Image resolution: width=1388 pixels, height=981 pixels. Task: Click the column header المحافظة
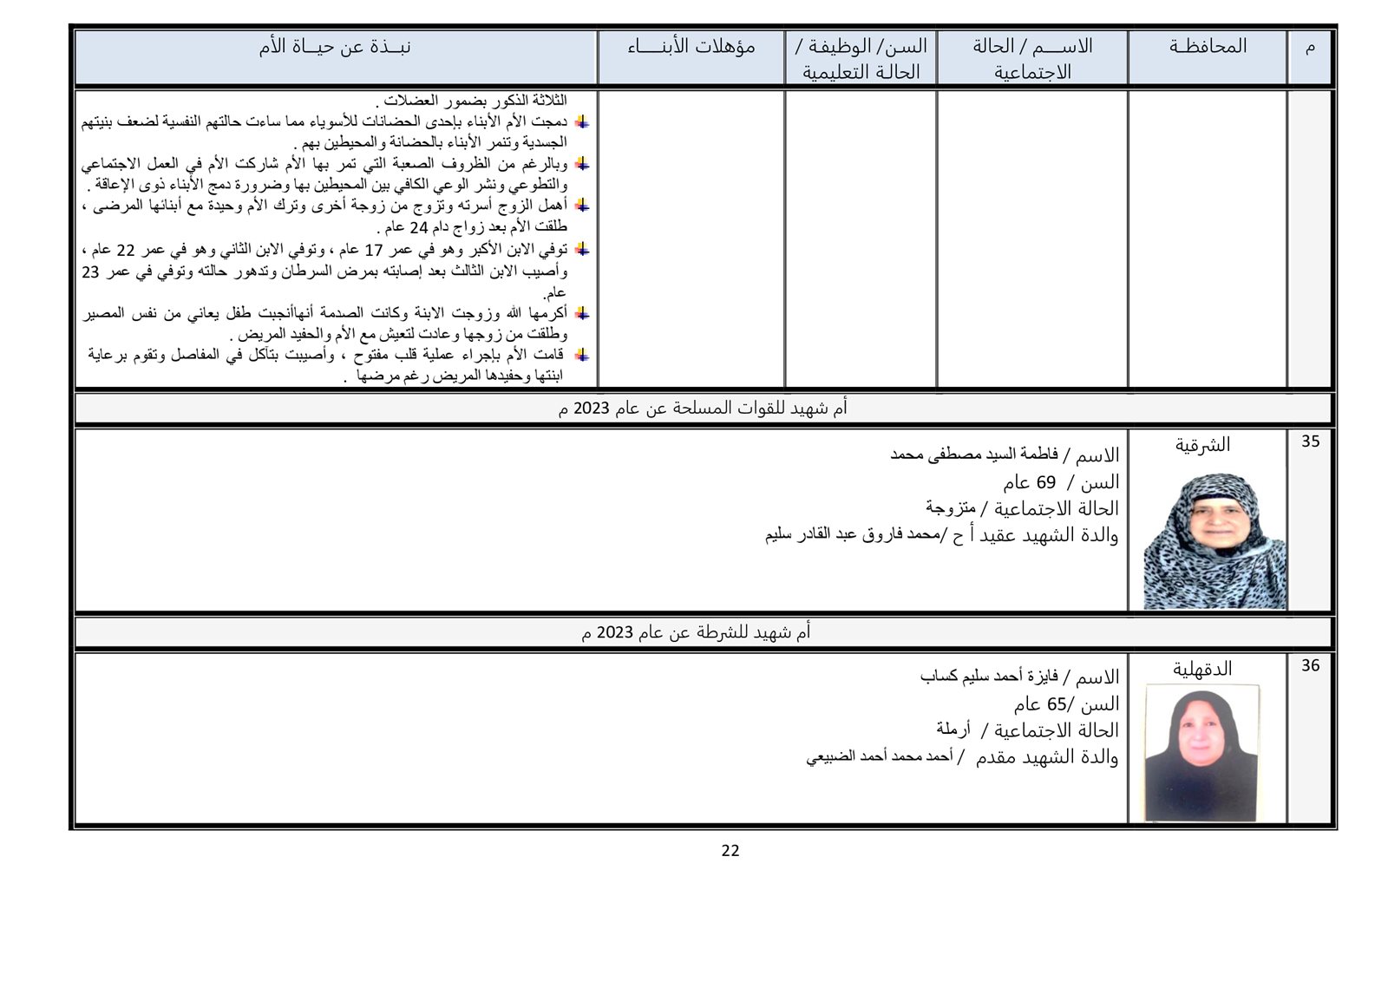pyautogui.click(x=1207, y=47)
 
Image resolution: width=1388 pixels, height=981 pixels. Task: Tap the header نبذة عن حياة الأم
pyautogui.click(x=335, y=47)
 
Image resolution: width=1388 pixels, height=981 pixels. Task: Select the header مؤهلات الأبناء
pyautogui.click(x=691, y=47)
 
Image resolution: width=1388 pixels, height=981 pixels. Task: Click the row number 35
pyautogui.click(x=1310, y=441)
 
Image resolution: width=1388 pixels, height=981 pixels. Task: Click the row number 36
pyautogui.click(x=1310, y=665)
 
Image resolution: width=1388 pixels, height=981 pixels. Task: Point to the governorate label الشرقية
pyautogui.click(x=1203, y=445)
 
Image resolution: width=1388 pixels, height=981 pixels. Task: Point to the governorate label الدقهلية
pyautogui.click(x=1202, y=669)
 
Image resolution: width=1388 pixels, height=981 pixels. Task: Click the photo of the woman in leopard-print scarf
pyautogui.click(x=1214, y=540)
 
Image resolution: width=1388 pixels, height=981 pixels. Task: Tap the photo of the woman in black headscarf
pyautogui.click(x=1201, y=752)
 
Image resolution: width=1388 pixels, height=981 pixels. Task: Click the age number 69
pyautogui.click(x=1045, y=482)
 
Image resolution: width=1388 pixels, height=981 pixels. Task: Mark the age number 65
pyautogui.click(x=1056, y=703)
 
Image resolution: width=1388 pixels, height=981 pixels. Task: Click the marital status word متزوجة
pyautogui.click(x=951, y=507)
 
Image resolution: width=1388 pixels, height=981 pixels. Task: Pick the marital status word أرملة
pyautogui.click(x=953, y=729)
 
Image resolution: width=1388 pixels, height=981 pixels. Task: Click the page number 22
pyautogui.click(x=730, y=851)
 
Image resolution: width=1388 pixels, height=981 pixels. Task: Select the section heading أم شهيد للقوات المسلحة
pyautogui.click(x=703, y=409)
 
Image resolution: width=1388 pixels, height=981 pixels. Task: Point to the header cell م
pyautogui.click(x=1310, y=47)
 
